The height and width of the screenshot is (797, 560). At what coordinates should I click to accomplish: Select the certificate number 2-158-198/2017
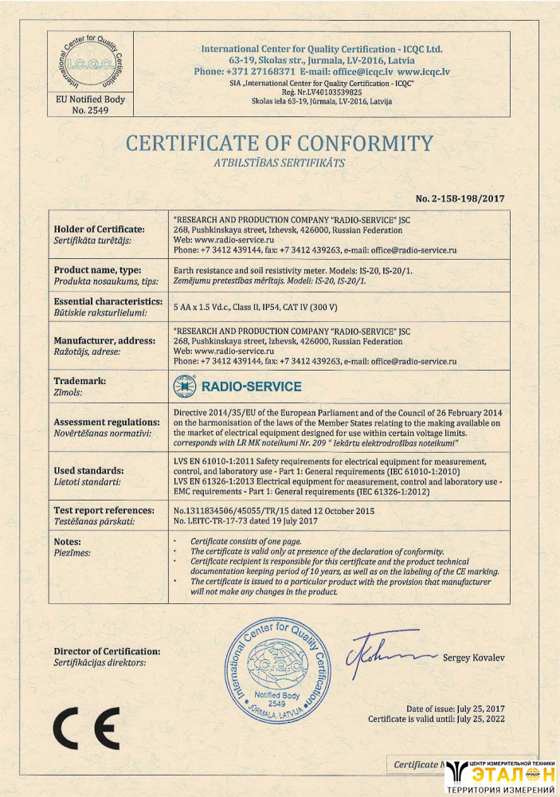[460, 198]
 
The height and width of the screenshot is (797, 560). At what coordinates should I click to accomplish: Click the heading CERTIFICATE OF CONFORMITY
[280, 143]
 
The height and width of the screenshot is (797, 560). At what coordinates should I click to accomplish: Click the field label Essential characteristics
[108, 301]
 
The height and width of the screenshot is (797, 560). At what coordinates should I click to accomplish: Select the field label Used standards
[88, 471]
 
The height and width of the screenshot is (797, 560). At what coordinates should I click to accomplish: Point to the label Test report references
[104, 510]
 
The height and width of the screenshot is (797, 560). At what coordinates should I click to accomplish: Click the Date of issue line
[455, 709]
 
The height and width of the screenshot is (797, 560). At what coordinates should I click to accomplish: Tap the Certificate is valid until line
[436, 719]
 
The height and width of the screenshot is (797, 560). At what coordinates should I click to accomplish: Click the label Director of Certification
[107, 651]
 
